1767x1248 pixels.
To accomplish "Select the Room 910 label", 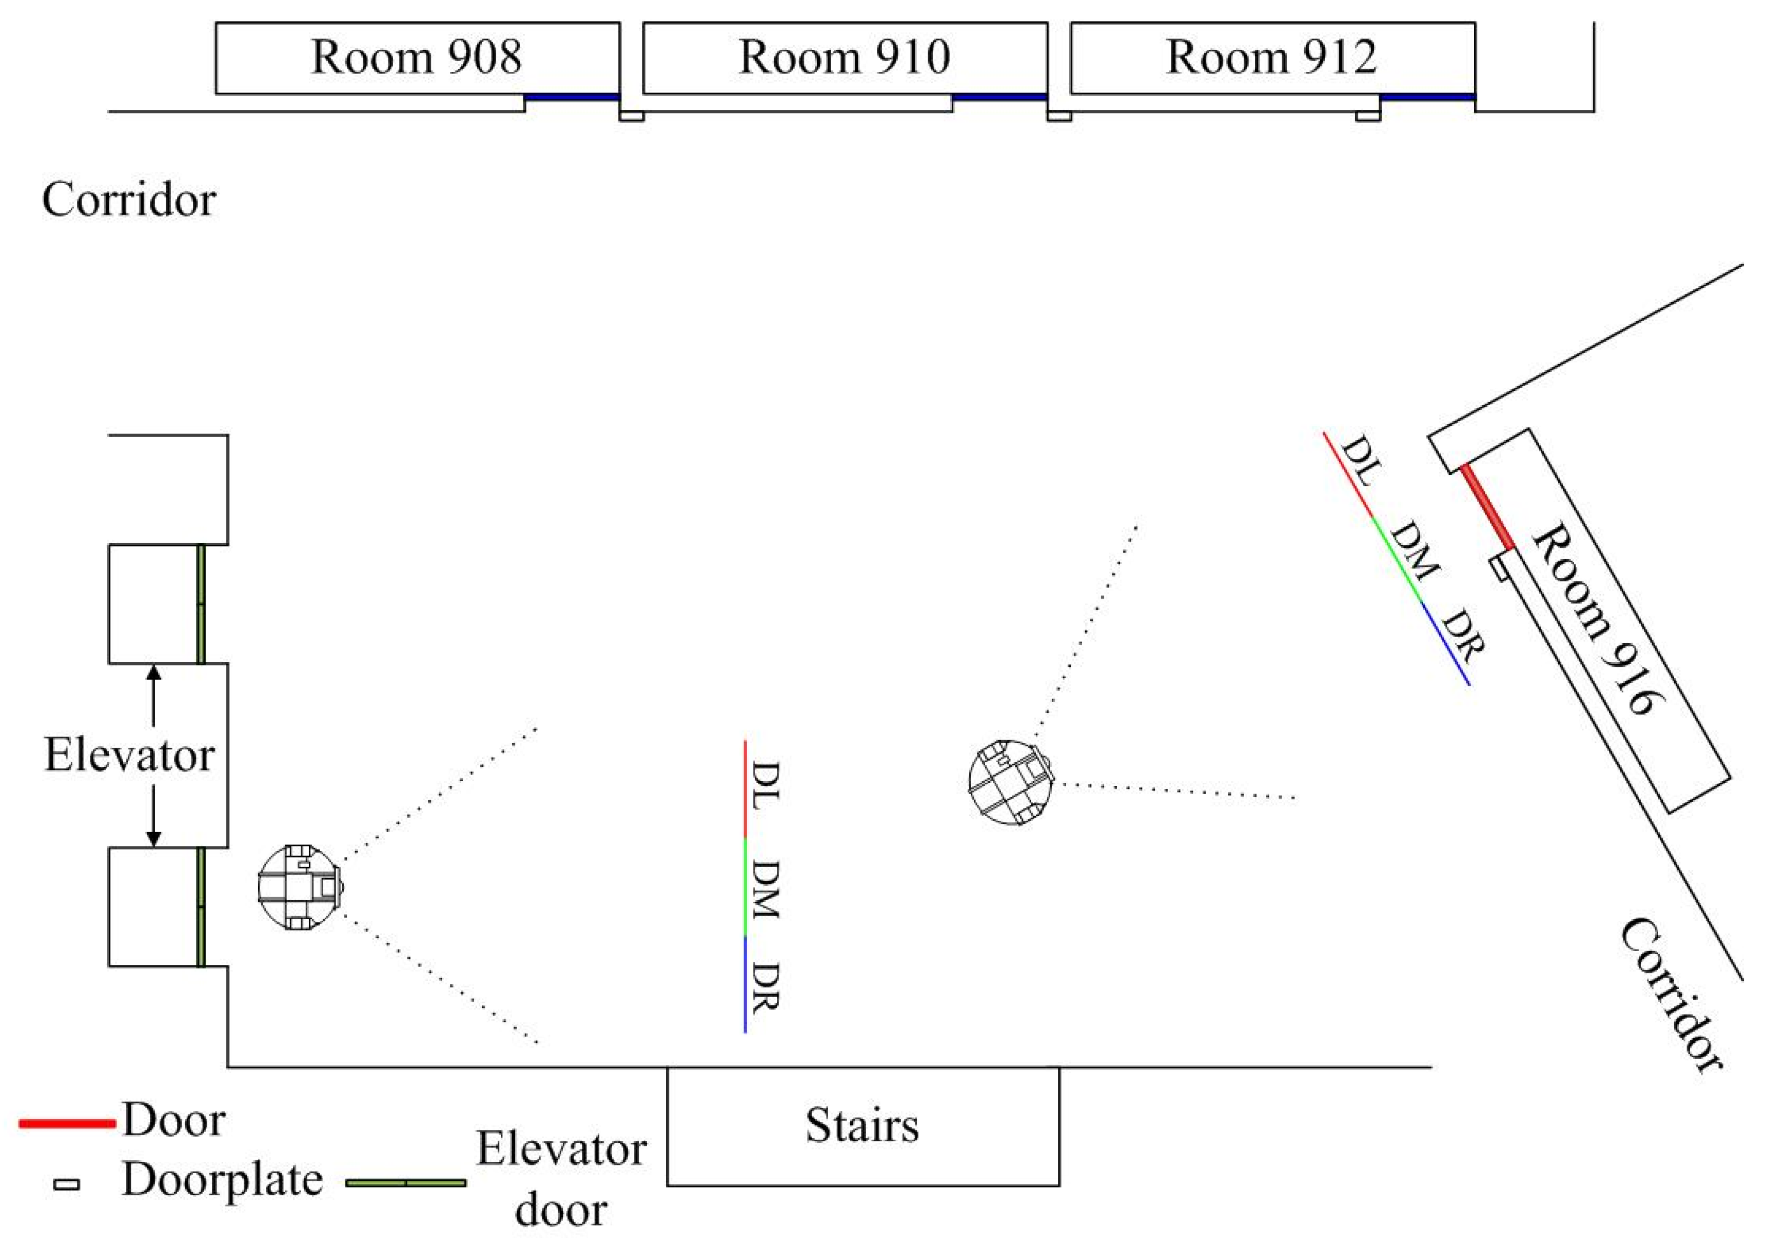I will click(845, 57).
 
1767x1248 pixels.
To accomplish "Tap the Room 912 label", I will click(1271, 57).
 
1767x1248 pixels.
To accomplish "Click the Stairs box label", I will click(862, 1125).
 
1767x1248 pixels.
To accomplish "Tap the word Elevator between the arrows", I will click(129, 755).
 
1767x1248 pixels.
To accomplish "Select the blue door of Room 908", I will click(572, 97).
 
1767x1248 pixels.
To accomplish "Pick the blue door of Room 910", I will click(999, 97).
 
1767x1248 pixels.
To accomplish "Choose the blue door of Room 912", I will click(1427, 97).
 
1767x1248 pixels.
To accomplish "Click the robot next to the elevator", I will click(300, 887).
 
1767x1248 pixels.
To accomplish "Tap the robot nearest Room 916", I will click(1010, 783).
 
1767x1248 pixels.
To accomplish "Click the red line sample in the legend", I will click(67, 1124).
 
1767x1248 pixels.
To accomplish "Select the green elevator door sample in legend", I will click(405, 1183).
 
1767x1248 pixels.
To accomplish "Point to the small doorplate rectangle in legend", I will click(66, 1185).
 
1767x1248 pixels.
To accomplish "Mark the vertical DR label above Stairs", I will click(765, 987).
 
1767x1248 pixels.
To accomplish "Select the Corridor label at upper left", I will click(128, 200).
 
